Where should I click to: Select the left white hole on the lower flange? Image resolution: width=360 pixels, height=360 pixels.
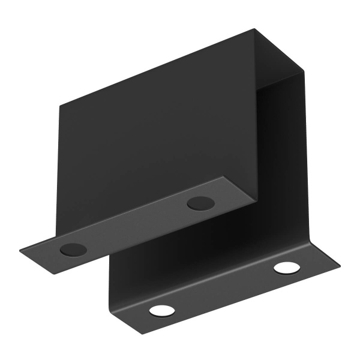161,310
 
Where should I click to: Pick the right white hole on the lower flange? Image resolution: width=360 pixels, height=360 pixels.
287,268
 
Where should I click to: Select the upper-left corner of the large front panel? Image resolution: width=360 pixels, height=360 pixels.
59,106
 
